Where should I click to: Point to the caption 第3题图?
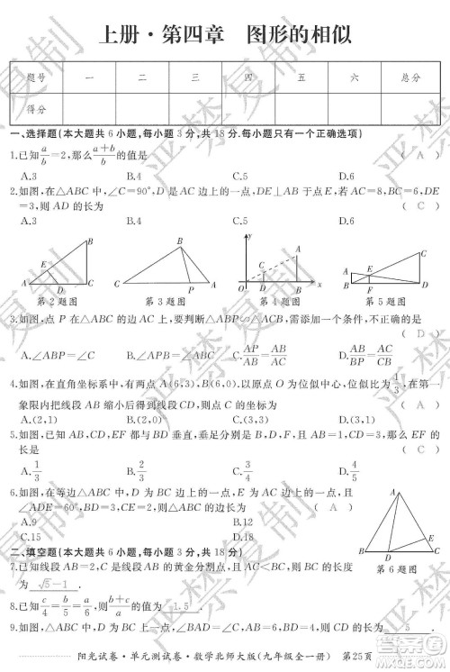tap(163, 300)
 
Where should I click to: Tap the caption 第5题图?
tap(375, 300)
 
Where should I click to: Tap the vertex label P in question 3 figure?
tap(190, 290)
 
